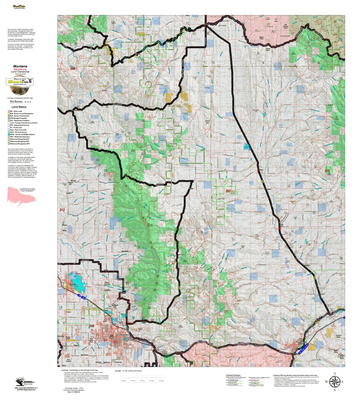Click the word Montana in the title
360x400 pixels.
pyautogui.click(x=20, y=66)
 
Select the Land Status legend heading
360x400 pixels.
pyautogui.click(x=19, y=107)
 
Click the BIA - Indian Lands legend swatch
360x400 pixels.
pyautogui.click(x=9, y=111)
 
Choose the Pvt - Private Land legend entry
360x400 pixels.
pyautogui.click(x=16, y=128)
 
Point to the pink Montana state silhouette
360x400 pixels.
pyautogui.click(x=21, y=197)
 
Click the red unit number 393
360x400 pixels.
pyautogui.click(x=228, y=191)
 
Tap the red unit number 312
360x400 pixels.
pyautogui.click(x=62, y=210)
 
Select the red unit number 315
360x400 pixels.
pyautogui.click(x=327, y=171)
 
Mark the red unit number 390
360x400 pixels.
pyautogui.click(x=73, y=68)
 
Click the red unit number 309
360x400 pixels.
pyautogui.click(x=92, y=326)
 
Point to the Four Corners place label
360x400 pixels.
pyautogui.click(x=68, y=361)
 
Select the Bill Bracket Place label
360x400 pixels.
pyautogui.click(x=286, y=26)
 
